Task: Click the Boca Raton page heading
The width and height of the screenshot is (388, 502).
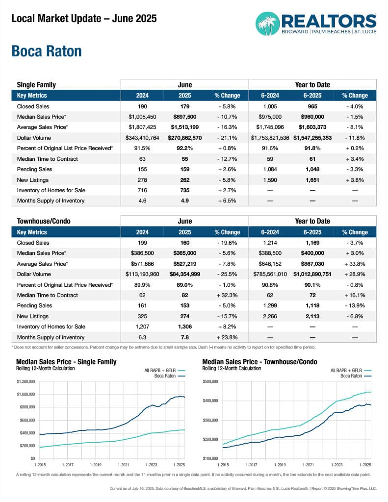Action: tap(47, 51)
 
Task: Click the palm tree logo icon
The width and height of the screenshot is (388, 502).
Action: tap(268, 24)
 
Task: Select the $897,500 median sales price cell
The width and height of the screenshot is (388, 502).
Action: tap(185, 117)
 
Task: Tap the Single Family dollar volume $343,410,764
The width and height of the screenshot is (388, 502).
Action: tap(143, 138)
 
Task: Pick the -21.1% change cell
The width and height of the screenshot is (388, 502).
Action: tap(227, 138)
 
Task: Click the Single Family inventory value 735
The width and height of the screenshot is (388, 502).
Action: tap(185, 190)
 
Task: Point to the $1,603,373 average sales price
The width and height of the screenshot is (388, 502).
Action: tap(312, 127)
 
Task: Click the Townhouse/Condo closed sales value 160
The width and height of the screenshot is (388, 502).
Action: tap(185, 243)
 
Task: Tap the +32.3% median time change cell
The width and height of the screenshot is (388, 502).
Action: tap(227, 296)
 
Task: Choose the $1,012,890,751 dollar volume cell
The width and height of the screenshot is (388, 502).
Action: tap(312, 275)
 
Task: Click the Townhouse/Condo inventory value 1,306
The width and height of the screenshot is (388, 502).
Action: tap(185, 327)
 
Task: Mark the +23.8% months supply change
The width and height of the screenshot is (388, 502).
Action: tap(227, 337)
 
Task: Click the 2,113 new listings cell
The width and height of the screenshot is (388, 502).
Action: tap(312, 316)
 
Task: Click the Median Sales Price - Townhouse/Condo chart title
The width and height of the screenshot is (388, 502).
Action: tap(259, 362)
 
